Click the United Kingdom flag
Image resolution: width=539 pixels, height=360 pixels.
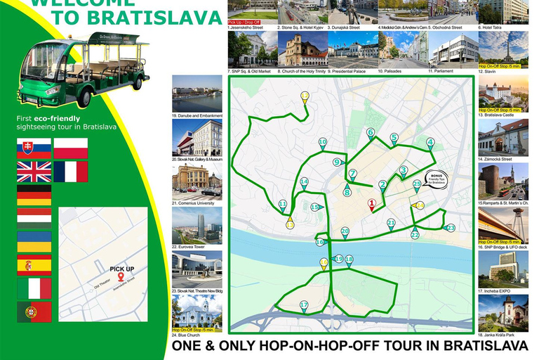[34, 172]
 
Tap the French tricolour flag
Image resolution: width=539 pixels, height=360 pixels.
[71, 172]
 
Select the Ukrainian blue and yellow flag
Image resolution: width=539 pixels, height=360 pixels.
[34, 241]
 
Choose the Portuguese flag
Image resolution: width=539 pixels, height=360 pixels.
[34, 310]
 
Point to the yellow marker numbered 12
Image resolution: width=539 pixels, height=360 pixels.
[305, 97]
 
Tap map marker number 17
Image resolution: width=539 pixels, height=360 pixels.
[304, 306]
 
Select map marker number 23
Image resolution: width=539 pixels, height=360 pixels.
[451, 228]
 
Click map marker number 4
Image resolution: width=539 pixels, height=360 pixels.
[430, 143]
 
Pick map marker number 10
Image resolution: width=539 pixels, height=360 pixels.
[322, 143]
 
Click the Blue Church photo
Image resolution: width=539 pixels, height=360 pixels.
[197, 310]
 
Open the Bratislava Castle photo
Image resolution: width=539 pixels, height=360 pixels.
[503, 91]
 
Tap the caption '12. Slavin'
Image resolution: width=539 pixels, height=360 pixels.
[488, 71]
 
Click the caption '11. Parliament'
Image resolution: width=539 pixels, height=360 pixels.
[441, 71]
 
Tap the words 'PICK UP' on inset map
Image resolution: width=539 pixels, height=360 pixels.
[121, 269]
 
